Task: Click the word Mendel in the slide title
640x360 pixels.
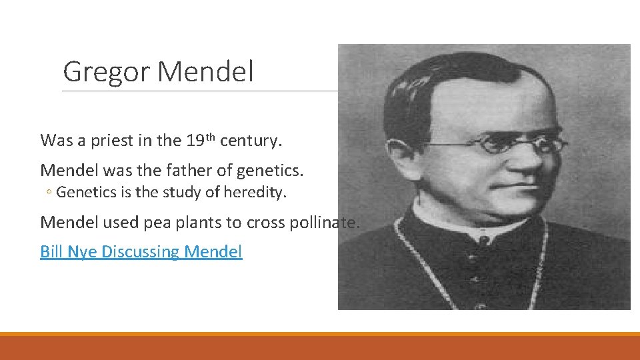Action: pyautogui.click(x=207, y=71)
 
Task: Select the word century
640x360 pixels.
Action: pyautogui.click(x=250, y=141)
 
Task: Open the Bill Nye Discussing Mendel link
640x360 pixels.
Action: pyautogui.click(x=141, y=252)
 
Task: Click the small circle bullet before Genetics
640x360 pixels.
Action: pyautogui.click(x=49, y=193)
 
